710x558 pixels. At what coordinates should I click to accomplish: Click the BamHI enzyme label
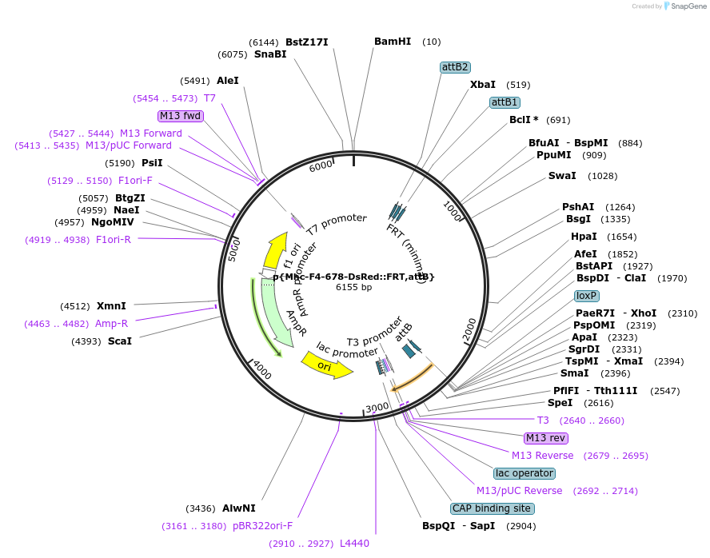click(x=392, y=42)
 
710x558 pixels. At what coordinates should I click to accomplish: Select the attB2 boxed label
click(x=455, y=67)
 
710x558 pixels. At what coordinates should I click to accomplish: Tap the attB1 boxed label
click(x=505, y=102)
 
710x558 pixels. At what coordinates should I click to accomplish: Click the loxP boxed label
click(x=586, y=296)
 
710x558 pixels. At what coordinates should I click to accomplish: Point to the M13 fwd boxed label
click(x=181, y=116)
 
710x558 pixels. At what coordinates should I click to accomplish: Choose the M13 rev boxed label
click(x=546, y=438)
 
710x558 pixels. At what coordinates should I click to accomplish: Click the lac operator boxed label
click(x=524, y=473)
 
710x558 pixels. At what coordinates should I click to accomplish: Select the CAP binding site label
click(x=492, y=508)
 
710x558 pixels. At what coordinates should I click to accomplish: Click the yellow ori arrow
click(x=326, y=366)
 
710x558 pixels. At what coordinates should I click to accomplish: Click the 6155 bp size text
click(x=353, y=287)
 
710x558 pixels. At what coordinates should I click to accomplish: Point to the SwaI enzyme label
click(x=561, y=176)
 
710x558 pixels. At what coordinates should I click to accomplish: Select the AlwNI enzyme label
click(x=238, y=508)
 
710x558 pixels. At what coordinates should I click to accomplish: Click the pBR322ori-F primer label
click(x=262, y=526)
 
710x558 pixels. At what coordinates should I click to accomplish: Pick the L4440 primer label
click(x=354, y=544)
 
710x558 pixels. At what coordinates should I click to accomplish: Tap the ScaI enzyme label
click(x=119, y=341)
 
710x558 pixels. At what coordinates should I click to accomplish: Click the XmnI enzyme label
click(x=111, y=305)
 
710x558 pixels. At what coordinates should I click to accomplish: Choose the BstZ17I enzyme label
click(x=307, y=42)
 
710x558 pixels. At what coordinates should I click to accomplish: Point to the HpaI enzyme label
click(x=584, y=237)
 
